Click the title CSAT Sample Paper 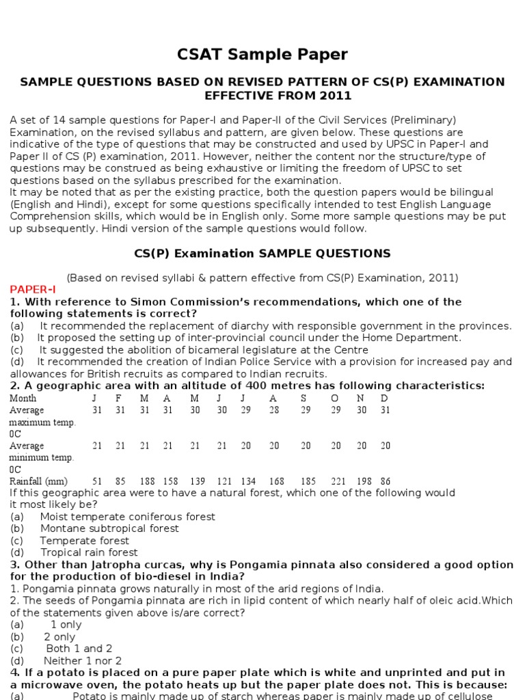point(262,55)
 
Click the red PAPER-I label point(33,290)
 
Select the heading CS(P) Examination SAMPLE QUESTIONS point(262,254)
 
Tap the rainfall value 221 point(335,481)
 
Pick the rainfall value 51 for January point(97,481)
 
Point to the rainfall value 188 point(144,481)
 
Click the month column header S point(304,399)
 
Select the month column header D point(384,399)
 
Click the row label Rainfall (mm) point(38,481)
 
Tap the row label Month point(23,399)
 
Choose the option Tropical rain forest point(89,552)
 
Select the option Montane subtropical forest point(109,528)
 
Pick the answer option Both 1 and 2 point(79,648)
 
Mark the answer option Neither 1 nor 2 point(83,660)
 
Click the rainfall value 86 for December point(385,481)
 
